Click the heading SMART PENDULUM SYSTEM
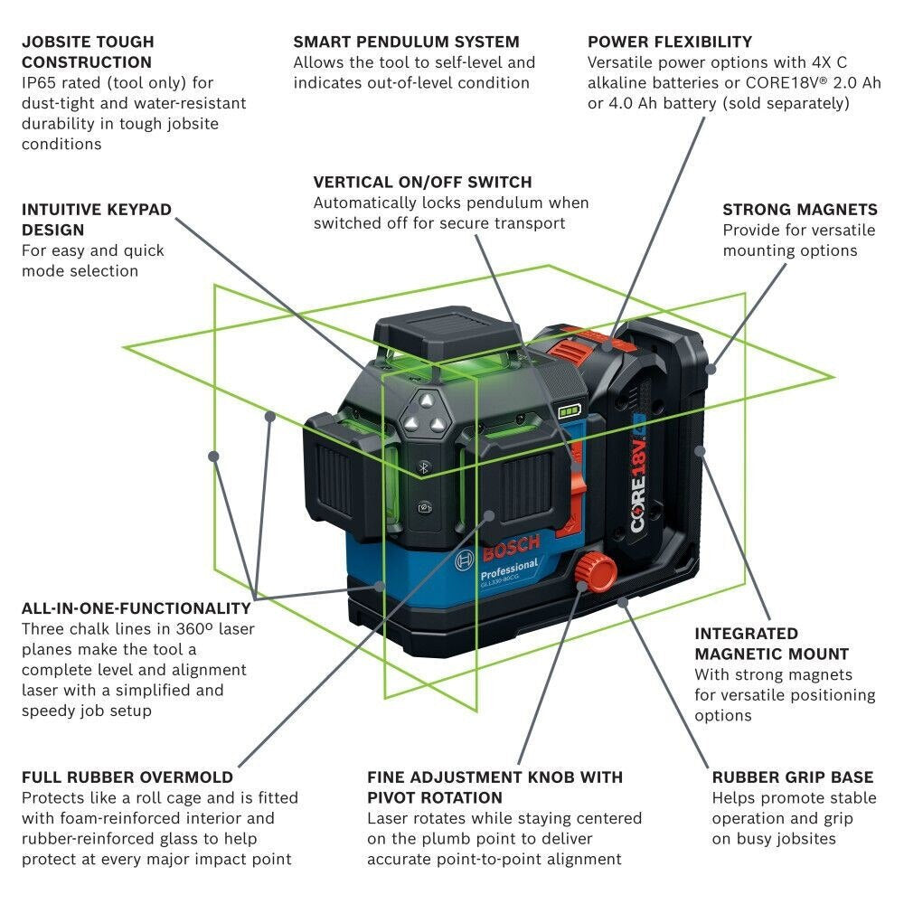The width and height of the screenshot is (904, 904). [406, 42]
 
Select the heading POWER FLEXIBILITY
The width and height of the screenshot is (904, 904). [670, 42]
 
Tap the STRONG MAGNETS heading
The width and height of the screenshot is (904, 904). [799, 210]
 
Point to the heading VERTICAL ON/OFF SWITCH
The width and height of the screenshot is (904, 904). [422, 182]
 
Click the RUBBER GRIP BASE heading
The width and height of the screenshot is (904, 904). [792, 777]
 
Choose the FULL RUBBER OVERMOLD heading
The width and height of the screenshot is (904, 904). [127, 777]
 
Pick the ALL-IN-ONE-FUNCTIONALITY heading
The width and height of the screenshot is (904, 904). [137, 608]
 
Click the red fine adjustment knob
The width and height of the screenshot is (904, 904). [593, 571]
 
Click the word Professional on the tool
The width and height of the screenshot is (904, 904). [509, 570]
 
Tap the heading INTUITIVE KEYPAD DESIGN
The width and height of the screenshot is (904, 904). [96, 220]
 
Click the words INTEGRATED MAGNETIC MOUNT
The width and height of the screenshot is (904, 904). [771, 644]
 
